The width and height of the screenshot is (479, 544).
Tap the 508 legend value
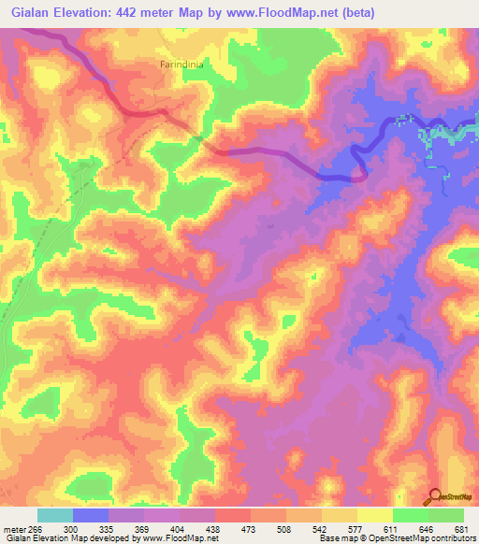click(x=286, y=529)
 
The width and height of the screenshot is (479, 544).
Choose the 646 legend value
click(x=428, y=529)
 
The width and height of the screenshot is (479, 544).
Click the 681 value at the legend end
click(x=461, y=529)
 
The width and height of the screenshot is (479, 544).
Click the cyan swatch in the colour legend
click(x=55, y=515)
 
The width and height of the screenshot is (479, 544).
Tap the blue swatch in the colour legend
click(x=91, y=515)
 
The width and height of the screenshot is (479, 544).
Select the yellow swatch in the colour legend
click(x=375, y=515)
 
